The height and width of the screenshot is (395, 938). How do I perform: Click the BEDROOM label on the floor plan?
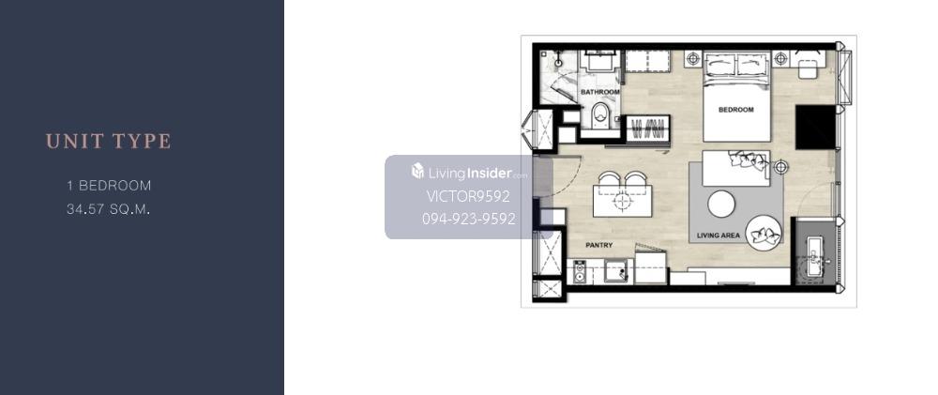click(735, 110)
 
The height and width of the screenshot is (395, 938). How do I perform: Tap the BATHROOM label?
click(600, 92)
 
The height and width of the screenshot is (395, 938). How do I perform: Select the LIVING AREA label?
click(719, 235)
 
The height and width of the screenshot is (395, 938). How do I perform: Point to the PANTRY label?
click(598, 246)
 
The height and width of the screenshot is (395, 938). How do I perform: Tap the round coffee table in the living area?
click(721, 205)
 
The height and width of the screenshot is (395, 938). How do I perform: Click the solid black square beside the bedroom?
click(815, 127)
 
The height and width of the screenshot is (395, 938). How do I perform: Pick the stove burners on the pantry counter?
click(579, 272)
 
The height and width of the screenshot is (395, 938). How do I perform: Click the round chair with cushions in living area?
click(763, 231)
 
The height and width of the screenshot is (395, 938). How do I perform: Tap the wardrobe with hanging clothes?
click(648, 129)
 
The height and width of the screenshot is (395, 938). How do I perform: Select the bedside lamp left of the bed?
click(693, 59)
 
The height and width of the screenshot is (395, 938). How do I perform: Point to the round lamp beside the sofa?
click(780, 166)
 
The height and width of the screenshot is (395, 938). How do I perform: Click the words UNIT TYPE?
click(108, 142)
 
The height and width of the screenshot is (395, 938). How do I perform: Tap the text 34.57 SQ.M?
click(108, 209)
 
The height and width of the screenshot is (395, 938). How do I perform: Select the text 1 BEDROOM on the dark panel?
click(109, 186)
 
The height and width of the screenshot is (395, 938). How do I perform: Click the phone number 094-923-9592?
click(468, 219)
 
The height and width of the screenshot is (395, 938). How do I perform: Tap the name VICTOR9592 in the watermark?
click(468, 196)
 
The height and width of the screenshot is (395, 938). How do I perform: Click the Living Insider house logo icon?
click(417, 171)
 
